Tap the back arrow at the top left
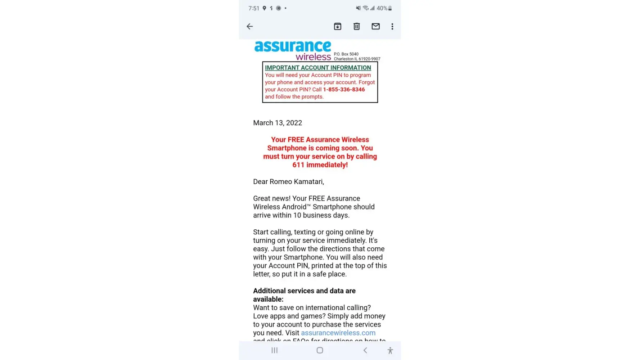click(249, 26)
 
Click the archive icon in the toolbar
click(337, 26)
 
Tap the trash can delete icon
click(356, 26)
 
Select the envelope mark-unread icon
click(375, 26)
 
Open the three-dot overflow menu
click(392, 26)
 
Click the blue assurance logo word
click(292, 46)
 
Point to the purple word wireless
click(313, 57)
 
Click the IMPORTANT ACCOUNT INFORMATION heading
click(318, 68)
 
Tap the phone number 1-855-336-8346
click(344, 90)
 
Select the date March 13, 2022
click(278, 123)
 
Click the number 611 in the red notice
click(298, 165)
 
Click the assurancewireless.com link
click(338, 333)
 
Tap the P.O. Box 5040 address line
click(346, 54)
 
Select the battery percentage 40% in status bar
click(382, 8)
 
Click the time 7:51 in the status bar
click(254, 8)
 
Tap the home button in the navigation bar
click(320, 350)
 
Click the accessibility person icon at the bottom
click(390, 350)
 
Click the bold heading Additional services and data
click(304, 291)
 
